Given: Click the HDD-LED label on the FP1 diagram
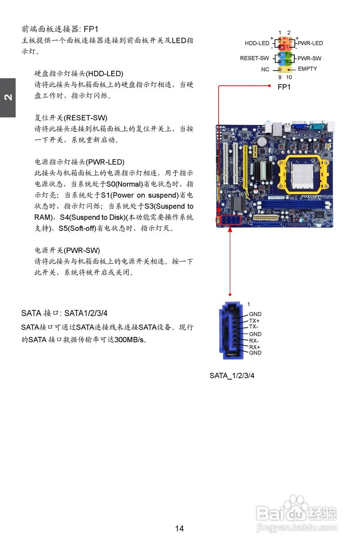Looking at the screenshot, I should (x=257, y=44).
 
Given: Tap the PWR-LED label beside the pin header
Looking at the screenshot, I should (x=310, y=44).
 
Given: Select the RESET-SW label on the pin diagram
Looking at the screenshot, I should (x=254, y=59).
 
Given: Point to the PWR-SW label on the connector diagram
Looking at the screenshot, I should (x=309, y=59).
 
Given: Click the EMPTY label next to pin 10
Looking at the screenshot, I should (x=307, y=69).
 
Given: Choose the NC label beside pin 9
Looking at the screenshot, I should (x=265, y=70).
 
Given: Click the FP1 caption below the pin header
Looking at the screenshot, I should (x=284, y=87).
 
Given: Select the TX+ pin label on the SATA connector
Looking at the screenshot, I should (x=254, y=321).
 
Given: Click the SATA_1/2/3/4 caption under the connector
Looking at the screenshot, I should (x=232, y=376).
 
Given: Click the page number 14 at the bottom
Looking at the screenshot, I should (x=180, y=529).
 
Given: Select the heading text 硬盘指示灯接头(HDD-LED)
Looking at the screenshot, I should (x=79, y=73).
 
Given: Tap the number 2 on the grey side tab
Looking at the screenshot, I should (x=8, y=98).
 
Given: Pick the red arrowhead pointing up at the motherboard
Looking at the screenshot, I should (x=230, y=229).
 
